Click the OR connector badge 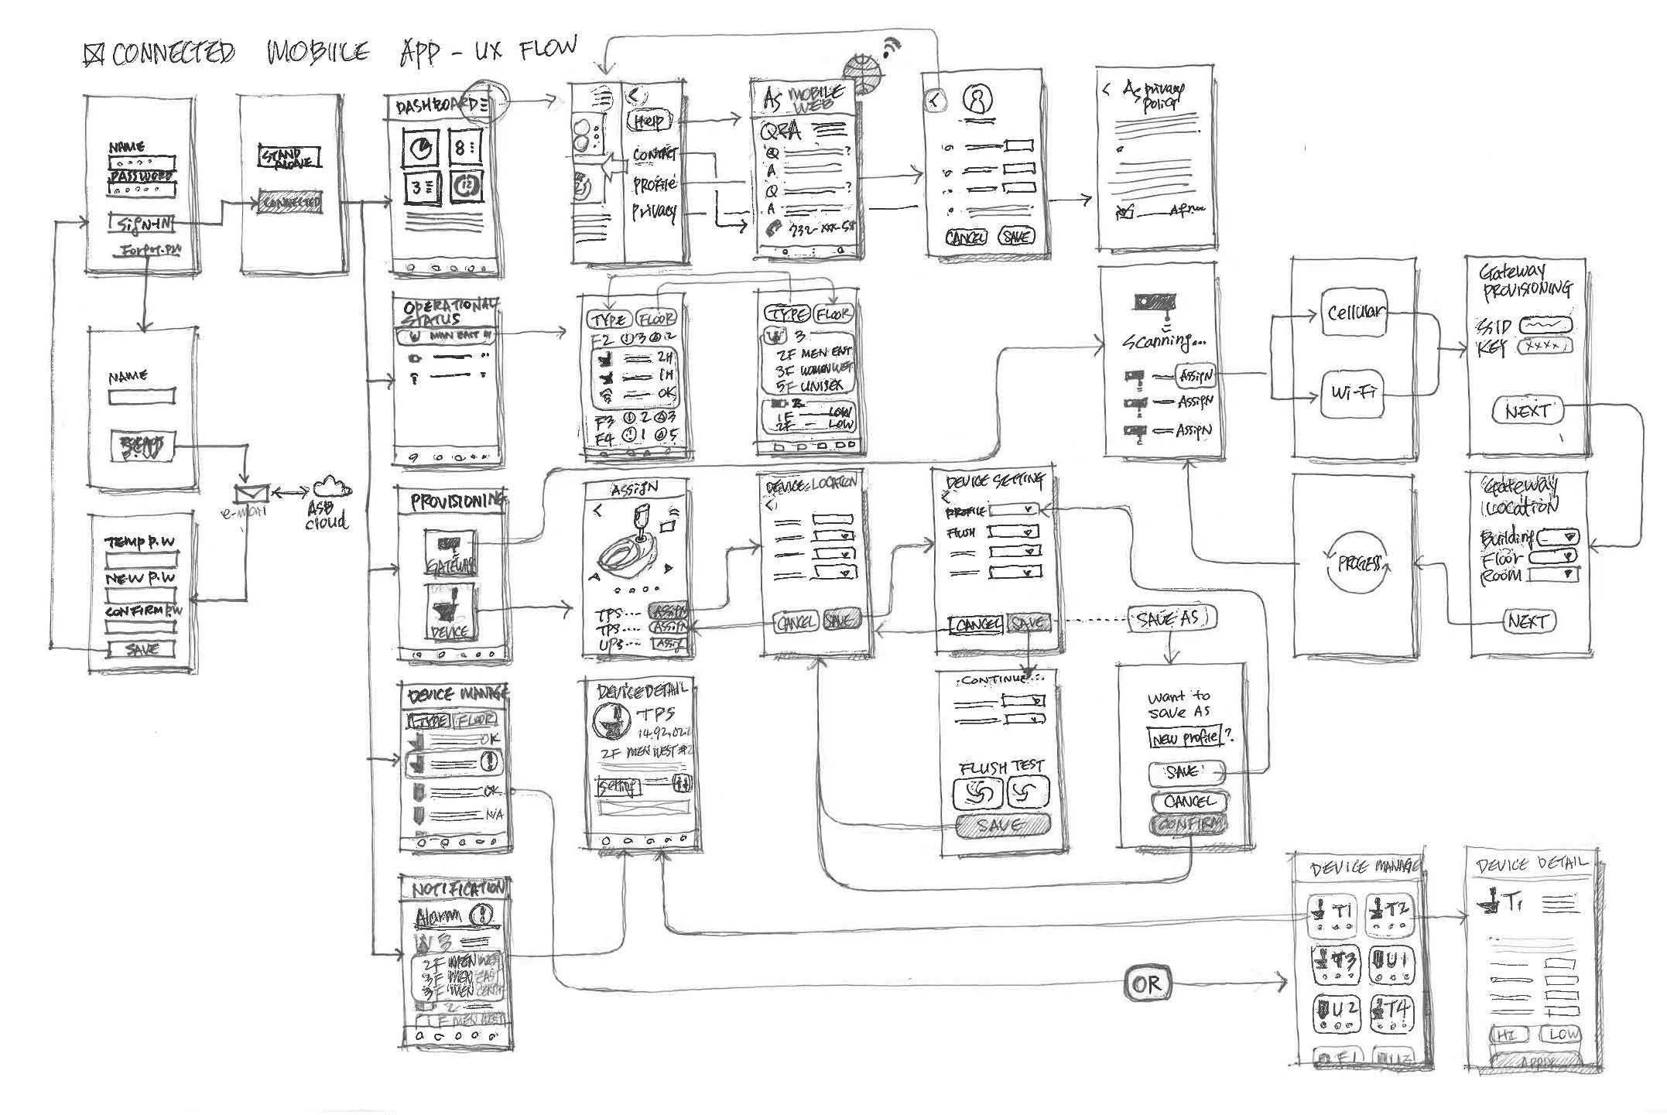1146,983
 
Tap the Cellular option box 1354,313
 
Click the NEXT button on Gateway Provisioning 1527,411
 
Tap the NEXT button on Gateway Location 1528,621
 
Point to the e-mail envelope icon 251,493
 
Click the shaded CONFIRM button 1189,825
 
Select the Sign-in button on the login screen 142,224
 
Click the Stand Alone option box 289,159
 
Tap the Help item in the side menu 649,121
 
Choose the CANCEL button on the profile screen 966,238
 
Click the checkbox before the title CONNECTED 94,54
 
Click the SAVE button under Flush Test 1003,826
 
